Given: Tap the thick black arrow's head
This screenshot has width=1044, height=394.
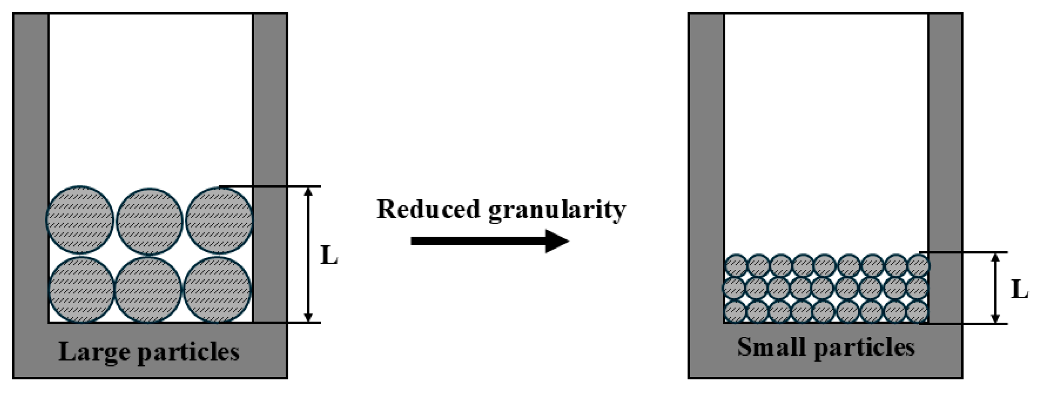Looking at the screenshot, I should pos(558,241).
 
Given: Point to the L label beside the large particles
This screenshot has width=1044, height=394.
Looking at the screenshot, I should pos(329,255).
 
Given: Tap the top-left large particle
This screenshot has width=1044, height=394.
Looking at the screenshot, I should pos(80,219).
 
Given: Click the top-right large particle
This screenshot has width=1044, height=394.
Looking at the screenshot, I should pos(219,220).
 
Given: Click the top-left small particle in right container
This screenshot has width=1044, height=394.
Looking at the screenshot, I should pos(736,265).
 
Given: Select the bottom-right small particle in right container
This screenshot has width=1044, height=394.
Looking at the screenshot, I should pos(917,312).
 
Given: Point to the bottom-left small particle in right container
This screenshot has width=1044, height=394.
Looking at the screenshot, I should pos(735,312).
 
